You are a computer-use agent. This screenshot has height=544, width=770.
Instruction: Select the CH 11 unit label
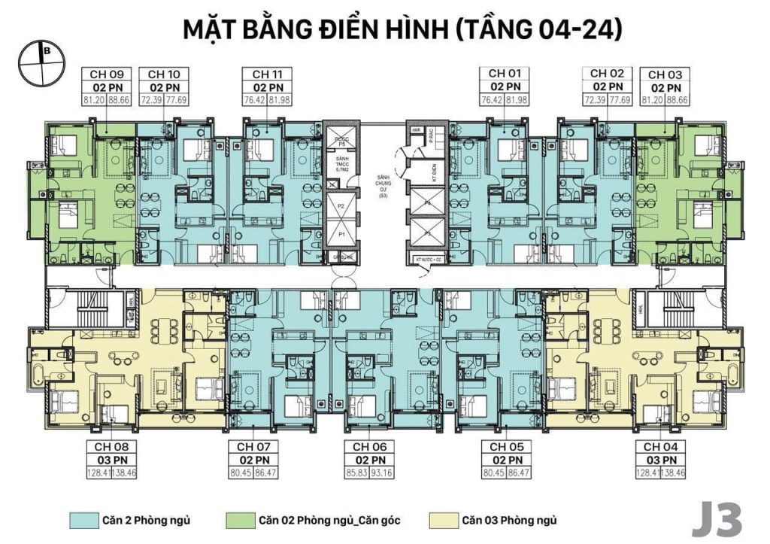[x=267, y=74]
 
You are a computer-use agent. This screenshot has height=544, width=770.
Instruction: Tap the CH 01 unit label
[x=504, y=74]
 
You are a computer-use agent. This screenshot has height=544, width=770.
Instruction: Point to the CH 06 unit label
[x=369, y=446]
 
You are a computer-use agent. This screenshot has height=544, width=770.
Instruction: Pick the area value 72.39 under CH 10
[x=151, y=99]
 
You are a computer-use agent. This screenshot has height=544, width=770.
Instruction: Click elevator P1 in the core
[x=341, y=235]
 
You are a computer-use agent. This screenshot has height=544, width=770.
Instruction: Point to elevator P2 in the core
[x=341, y=205]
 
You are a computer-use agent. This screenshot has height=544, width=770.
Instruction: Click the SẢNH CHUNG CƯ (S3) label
[x=383, y=185]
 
